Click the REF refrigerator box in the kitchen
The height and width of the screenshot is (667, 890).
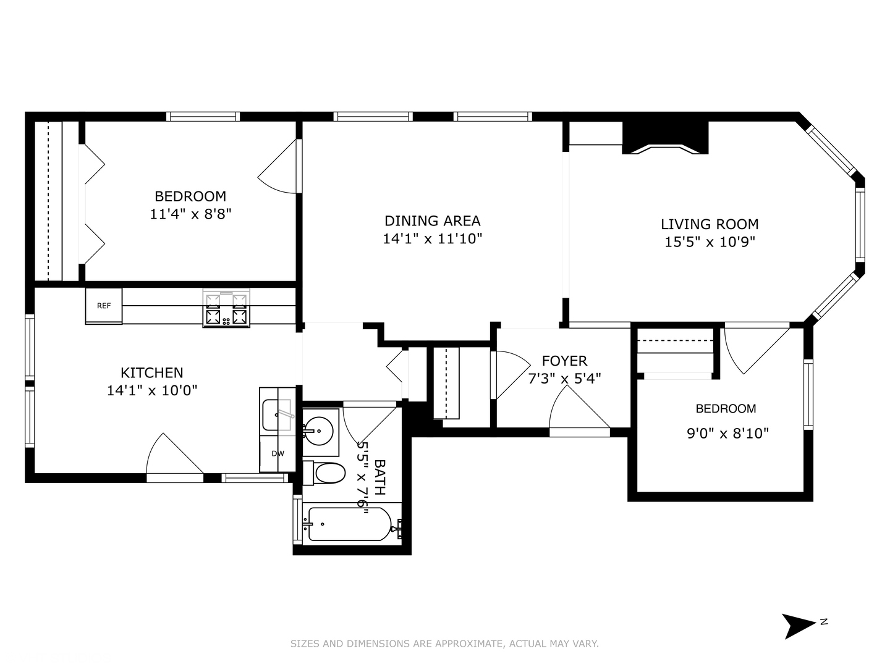(104, 306)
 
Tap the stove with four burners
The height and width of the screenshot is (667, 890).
(226, 309)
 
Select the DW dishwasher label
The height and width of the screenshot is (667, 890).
(278, 453)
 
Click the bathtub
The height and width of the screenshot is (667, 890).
(350, 524)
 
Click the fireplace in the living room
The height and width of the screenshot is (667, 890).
(665, 138)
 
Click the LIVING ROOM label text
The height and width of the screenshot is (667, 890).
(710, 224)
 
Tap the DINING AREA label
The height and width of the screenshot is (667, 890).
(432, 220)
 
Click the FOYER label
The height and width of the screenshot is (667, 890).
(564, 361)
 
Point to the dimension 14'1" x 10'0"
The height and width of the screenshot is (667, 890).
(152, 390)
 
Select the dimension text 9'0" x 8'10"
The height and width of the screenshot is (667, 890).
(727, 434)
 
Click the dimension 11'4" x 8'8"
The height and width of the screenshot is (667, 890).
(190, 214)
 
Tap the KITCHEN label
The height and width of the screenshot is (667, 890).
(152, 372)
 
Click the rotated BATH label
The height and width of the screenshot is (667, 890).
(379, 477)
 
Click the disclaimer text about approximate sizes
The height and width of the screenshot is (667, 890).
(444, 644)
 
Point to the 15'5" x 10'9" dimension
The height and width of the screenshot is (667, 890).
(710, 242)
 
